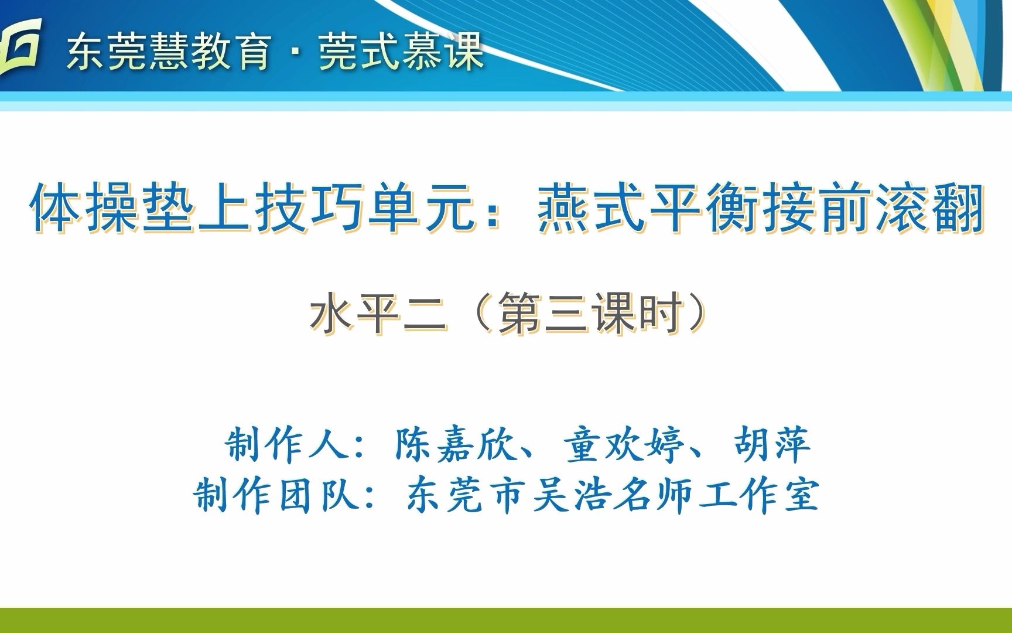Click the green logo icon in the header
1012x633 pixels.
(x=20, y=46)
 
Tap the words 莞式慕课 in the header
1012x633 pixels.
(x=402, y=51)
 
